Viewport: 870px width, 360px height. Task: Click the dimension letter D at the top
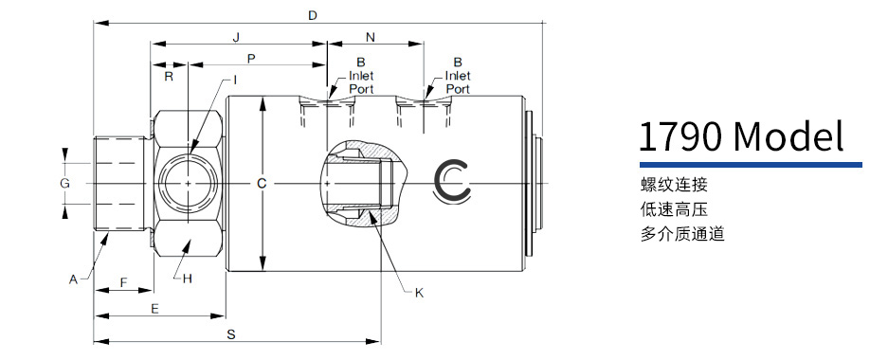coord(313,15)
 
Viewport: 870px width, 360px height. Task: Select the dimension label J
coord(236,38)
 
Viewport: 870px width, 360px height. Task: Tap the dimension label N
coord(372,38)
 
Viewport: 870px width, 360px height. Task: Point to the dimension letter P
coord(251,58)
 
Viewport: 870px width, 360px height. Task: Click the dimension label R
coord(169,77)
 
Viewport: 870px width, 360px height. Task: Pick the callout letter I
coord(235,81)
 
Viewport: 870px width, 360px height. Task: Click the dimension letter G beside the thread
coord(64,183)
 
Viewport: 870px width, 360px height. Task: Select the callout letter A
coord(73,280)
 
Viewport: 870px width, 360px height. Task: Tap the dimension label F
coord(124,282)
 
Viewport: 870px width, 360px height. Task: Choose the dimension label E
coord(155,309)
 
